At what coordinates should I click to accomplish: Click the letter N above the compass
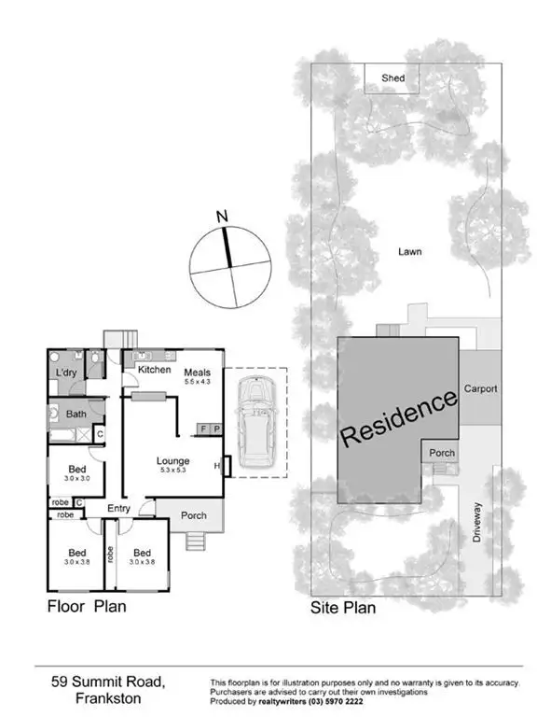click(222, 218)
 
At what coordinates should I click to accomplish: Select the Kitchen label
click(154, 370)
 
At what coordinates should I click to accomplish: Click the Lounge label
click(173, 460)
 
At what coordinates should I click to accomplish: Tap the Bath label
click(76, 414)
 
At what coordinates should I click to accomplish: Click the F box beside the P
click(204, 429)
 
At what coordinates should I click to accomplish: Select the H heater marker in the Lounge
click(217, 465)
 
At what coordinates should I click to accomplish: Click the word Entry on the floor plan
click(118, 508)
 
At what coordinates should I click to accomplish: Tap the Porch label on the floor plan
click(193, 514)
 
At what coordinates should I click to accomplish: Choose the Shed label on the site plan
click(393, 78)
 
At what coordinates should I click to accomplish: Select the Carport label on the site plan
click(480, 388)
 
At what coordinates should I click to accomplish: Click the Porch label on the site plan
click(441, 453)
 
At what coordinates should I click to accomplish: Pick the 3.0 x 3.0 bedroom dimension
click(76, 478)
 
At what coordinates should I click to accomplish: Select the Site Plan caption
click(343, 608)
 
